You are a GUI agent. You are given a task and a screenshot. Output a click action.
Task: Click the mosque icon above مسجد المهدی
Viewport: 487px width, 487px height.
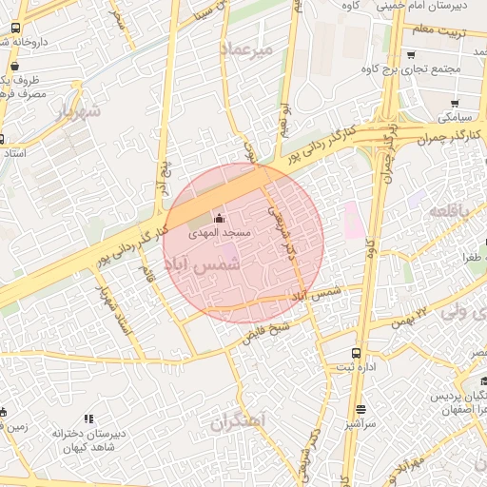click(220, 218)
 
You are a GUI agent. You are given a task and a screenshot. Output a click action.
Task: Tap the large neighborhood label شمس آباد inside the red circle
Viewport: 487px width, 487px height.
click(204, 267)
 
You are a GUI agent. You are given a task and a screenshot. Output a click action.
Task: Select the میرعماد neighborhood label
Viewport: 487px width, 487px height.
click(245, 48)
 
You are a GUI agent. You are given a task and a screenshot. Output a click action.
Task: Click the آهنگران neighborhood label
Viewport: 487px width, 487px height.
click(238, 420)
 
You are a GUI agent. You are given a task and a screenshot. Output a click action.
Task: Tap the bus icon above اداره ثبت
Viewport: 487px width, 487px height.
click(356, 353)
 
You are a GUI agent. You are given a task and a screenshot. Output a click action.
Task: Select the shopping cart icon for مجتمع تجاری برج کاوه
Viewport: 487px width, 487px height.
click(409, 54)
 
